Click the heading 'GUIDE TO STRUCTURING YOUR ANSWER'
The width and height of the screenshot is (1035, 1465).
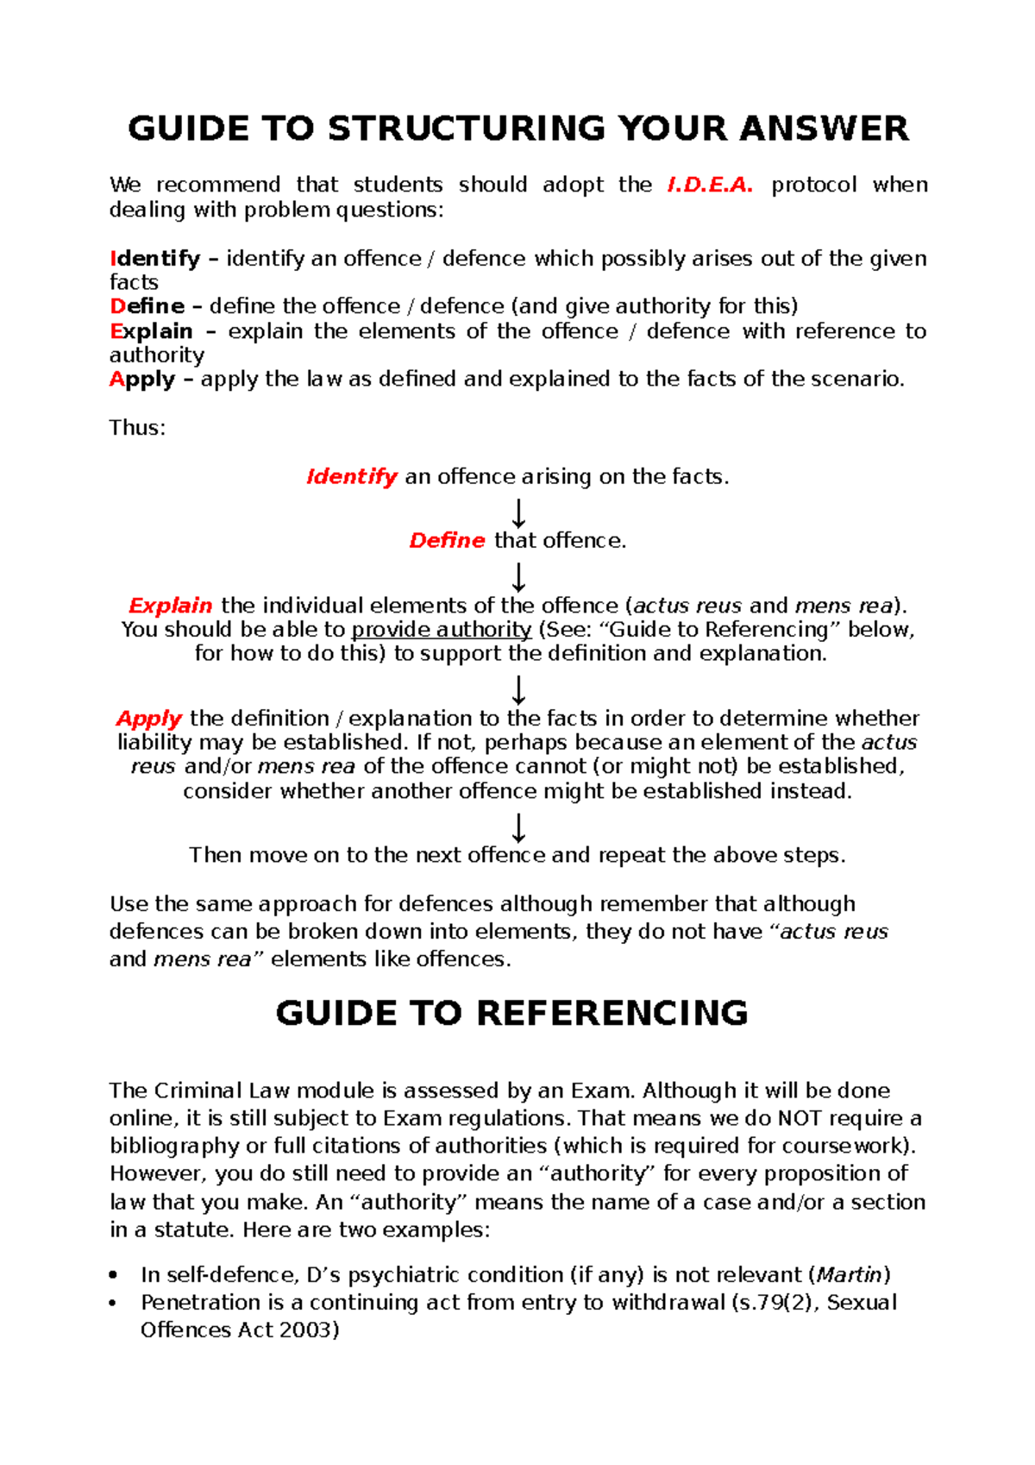pos(517,129)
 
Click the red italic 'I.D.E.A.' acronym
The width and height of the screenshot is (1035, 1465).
pos(710,185)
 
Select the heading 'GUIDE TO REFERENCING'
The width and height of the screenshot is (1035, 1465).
pos(511,1013)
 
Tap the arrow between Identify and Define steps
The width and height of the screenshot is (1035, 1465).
pos(518,513)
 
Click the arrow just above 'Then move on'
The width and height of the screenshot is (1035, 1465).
pos(518,827)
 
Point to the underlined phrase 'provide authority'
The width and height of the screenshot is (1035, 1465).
pos(441,630)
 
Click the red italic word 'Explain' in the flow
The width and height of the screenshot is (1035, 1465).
pos(170,606)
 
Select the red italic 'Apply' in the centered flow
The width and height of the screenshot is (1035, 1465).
pos(148,719)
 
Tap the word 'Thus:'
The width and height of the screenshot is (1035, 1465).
pos(137,428)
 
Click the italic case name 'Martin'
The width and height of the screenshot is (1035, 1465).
pos(850,1274)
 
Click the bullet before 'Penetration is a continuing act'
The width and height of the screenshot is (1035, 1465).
pos(114,1303)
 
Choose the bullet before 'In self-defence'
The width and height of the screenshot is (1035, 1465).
pos(114,1275)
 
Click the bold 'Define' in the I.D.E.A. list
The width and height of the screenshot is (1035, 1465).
pos(147,306)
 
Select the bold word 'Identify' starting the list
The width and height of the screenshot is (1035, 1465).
pos(154,259)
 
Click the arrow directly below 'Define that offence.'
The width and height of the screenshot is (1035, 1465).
pos(518,576)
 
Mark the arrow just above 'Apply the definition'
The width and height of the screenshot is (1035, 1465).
pos(518,690)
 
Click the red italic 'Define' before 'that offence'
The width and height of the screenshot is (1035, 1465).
pos(447,541)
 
